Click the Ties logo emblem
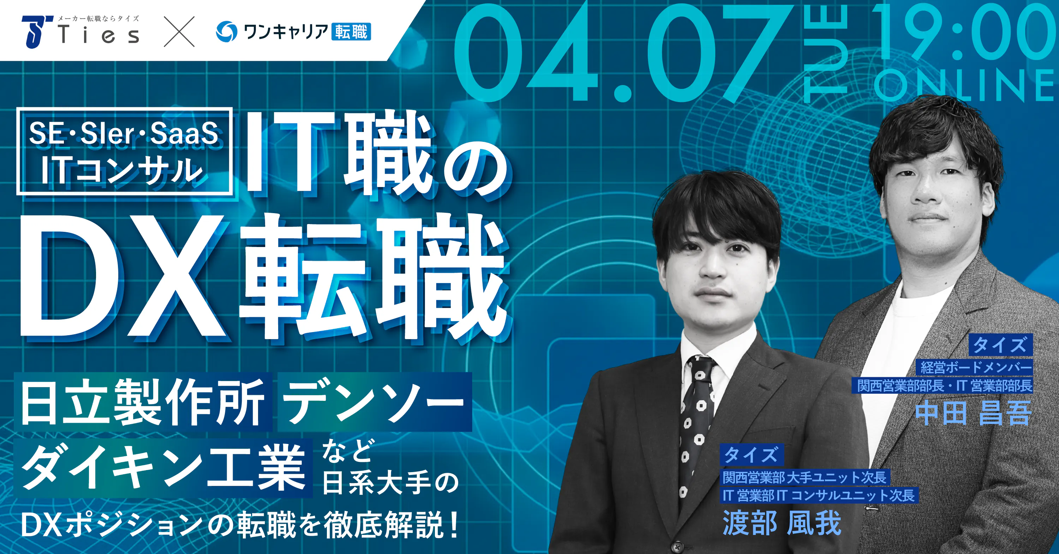tap(37, 32)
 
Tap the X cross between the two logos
tap(179, 32)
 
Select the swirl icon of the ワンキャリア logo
tap(227, 32)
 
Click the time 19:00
tap(962, 33)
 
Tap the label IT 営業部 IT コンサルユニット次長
tap(819, 495)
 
